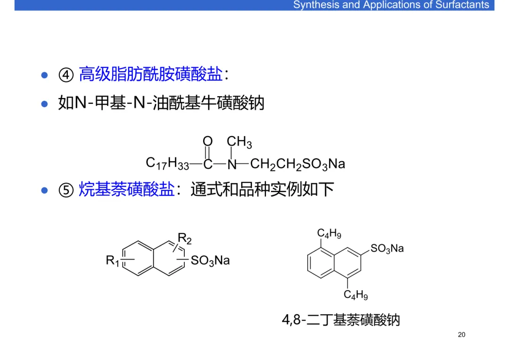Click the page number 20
coord(461,335)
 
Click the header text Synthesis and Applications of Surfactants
coord(391,5)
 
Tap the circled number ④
coord(66,75)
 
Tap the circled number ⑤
coord(66,190)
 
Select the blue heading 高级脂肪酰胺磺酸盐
coord(150,74)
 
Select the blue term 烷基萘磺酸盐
coord(126,190)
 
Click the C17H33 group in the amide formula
coord(167,164)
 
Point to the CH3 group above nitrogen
coord(239,142)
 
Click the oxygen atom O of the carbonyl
coord(207,141)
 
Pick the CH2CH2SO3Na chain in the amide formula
coord(297,164)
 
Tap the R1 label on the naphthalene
coord(113,260)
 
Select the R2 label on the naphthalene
coord(185,238)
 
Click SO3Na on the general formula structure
coord(210,261)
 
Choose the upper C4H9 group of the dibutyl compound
coord(329,234)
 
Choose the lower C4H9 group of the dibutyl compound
coord(355,295)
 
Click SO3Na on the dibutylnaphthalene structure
coord(387,248)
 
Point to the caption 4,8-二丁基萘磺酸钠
coord(341,320)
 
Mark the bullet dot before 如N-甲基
coord(45,103)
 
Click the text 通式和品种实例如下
coord(262,190)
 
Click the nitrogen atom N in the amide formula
coord(231,164)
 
